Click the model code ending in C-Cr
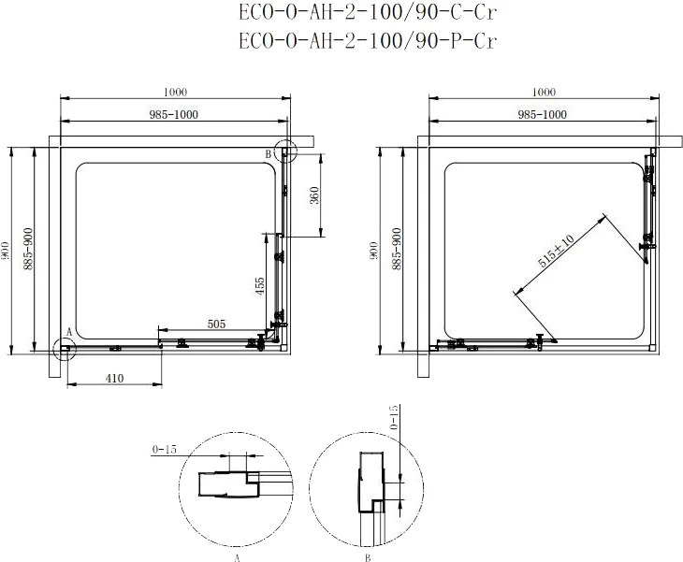pos(368,12)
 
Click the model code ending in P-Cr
pos(368,41)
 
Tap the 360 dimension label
pos(315,195)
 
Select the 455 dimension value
pos(259,286)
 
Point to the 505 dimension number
pos(216,324)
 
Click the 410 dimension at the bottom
pos(114,379)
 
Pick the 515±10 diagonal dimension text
pos(556,252)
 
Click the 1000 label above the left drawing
pos(176,92)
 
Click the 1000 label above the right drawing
pos(544,92)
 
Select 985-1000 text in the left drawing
pos(174,114)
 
